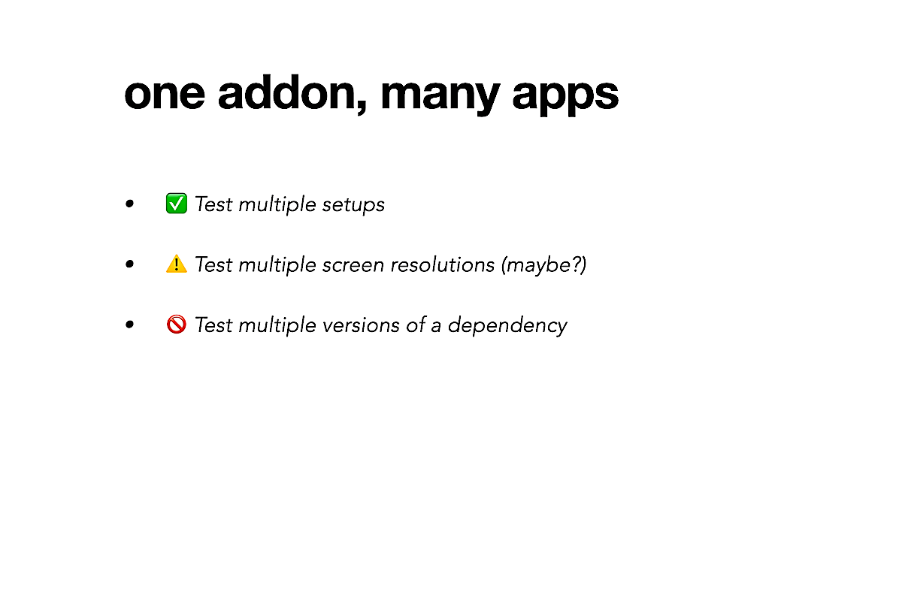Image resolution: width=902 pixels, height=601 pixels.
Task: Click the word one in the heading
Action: pyautogui.click(x=165, y=95)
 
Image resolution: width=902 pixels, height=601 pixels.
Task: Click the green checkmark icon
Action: pyautogui.click(x=177, y=204)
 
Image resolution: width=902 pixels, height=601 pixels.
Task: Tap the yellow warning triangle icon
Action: pyautogui.click(x=177, y=264)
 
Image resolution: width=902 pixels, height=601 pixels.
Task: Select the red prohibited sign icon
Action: pyautogui.click(x=177, y=325)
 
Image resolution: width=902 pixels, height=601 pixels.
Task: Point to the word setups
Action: pyautogui.click(x=353, y=205)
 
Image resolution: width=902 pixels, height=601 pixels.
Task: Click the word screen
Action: pyautogui.click(x=353, y=265)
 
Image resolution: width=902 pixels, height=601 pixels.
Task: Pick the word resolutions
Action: pyautogui.click(x=443, y=264)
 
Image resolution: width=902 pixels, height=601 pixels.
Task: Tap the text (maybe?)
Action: pyautogui.click(x=544, y=265)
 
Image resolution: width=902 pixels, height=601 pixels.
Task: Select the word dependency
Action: pyautogui.click(x=507, y=325)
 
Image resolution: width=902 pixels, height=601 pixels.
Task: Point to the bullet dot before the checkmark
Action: pyautogui.click(x=129, y=204)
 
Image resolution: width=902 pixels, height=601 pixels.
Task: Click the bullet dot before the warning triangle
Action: pyautogui.click(x=129, y=264)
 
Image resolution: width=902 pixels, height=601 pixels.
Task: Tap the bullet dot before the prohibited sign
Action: pyautogui.click(x=129, y=325)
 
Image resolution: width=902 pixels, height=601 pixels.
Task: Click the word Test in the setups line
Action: pyautogui.click(x=213, y=204)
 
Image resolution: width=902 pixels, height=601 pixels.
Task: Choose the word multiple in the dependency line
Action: pyautogui.click(x=277, y=325)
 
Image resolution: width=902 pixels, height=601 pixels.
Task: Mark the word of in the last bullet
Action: pyautogui.click(x=416, y=325)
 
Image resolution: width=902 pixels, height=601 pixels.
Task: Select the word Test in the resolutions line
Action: pyautogui.click(x=213, y=264)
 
